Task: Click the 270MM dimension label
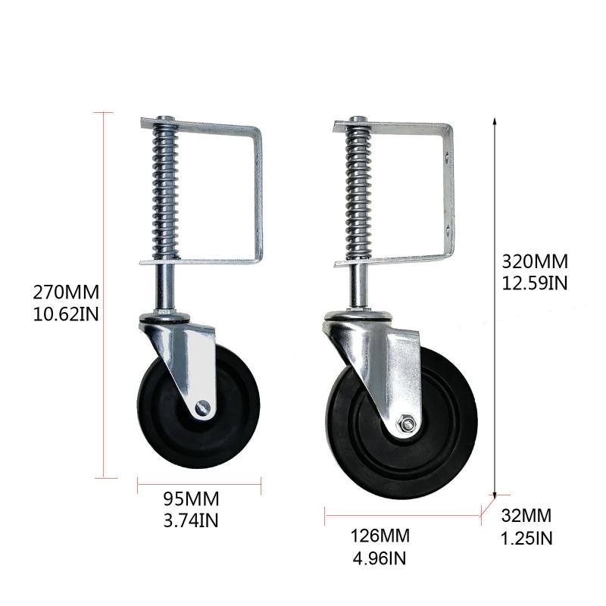pos(66,292)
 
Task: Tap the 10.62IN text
pos(66,313)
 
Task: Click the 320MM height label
pos(535,262)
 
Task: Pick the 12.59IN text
pos(535,283)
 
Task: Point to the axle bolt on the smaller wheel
pos(201,408)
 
